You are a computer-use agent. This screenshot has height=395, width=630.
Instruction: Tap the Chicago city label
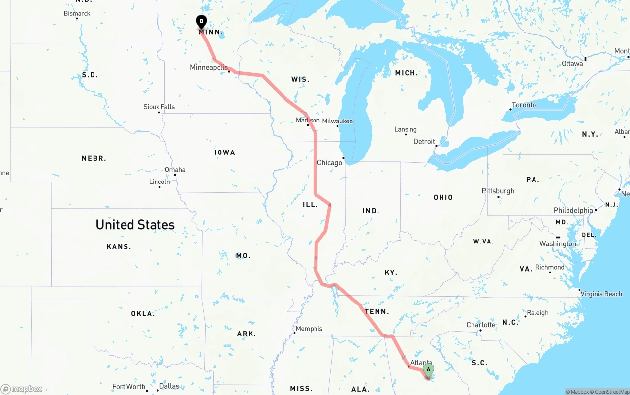click(329, 163)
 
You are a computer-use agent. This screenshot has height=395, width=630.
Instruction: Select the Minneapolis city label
click(209, 67)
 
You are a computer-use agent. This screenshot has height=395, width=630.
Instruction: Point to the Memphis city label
click(309, 329)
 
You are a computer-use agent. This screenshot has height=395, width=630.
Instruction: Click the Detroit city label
click(424, 142)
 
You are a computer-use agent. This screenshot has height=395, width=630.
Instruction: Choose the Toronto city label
click(524, 105)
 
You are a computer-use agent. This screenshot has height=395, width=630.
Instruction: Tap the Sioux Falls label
click(159, 107)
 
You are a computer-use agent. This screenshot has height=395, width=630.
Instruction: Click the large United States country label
click(135, 225)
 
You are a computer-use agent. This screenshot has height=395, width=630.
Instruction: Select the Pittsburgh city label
click(498, 191)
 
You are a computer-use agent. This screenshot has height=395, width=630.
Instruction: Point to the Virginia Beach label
click(601, 294)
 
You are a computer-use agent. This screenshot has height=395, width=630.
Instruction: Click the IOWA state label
click(224, 152)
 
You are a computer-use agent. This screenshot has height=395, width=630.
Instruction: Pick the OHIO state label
click(443, 197)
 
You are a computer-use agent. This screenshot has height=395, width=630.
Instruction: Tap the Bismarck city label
click(77, 13)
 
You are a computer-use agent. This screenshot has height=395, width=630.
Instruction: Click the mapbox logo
click(22, 389)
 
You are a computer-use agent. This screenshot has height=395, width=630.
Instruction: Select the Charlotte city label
click(481, 325)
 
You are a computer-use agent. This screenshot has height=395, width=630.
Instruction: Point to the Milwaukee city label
click(338, 121)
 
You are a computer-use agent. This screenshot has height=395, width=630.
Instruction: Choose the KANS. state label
click(119, 247)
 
